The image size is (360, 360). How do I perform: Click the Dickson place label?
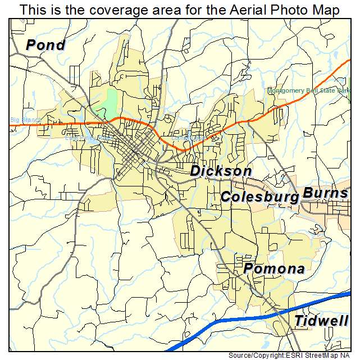coord(221,171)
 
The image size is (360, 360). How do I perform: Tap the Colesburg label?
coord(259,197)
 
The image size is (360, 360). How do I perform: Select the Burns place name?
coord(325,194)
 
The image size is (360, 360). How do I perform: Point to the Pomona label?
coord(274,269)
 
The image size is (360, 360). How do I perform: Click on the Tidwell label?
coord(321,321)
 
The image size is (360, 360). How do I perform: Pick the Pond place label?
coord(46,45)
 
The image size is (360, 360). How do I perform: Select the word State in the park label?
coord(329,90)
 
